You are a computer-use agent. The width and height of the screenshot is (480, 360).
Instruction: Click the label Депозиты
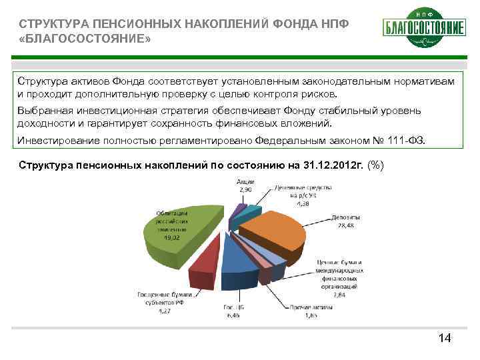(x=345, y=217)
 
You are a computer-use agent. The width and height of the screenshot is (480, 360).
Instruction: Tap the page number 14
(x=445, y=339)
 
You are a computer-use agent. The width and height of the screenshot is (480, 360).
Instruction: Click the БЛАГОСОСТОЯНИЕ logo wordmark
(x=423, y=28)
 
